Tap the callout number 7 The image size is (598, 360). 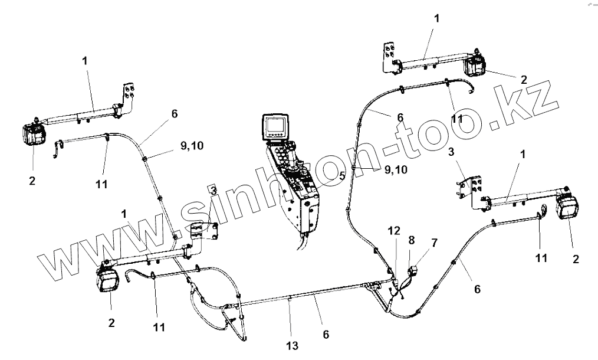coord(435,242)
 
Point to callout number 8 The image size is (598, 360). coord(411,240)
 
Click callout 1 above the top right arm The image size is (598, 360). coord(436,18)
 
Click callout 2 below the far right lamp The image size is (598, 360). coord(576,258)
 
